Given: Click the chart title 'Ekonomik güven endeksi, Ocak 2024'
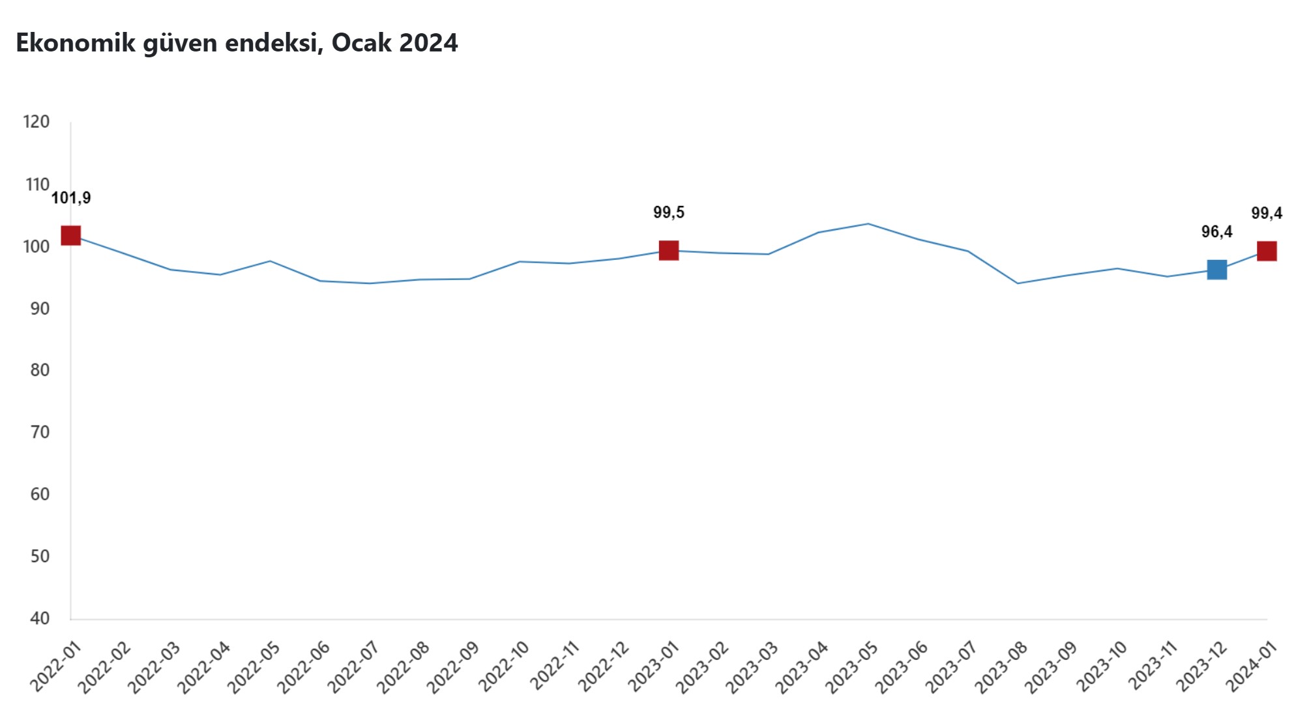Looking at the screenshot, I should coord(237,43).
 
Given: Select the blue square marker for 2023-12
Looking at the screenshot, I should coord(1216,269).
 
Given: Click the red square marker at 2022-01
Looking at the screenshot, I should coord(70,235).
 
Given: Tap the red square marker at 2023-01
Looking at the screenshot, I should coord(669,250).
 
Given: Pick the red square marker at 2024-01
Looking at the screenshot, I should coord(1267,251).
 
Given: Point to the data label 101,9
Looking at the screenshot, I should coord(71,198).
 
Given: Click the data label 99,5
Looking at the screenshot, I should coord(669,212).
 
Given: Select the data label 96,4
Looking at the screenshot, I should coord(1216,232).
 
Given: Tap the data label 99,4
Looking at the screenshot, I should coord(1267,213).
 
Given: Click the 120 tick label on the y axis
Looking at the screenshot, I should coord(37,122).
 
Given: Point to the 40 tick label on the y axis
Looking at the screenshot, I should coord(40,618).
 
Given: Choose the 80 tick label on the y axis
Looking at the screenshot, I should coord(40,370).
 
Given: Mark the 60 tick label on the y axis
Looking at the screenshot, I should coord(40,494).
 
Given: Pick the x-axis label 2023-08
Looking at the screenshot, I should coord(1002,667).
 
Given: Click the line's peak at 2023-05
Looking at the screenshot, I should coord(868,224).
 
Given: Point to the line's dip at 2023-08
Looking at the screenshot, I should coord(1018,283).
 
